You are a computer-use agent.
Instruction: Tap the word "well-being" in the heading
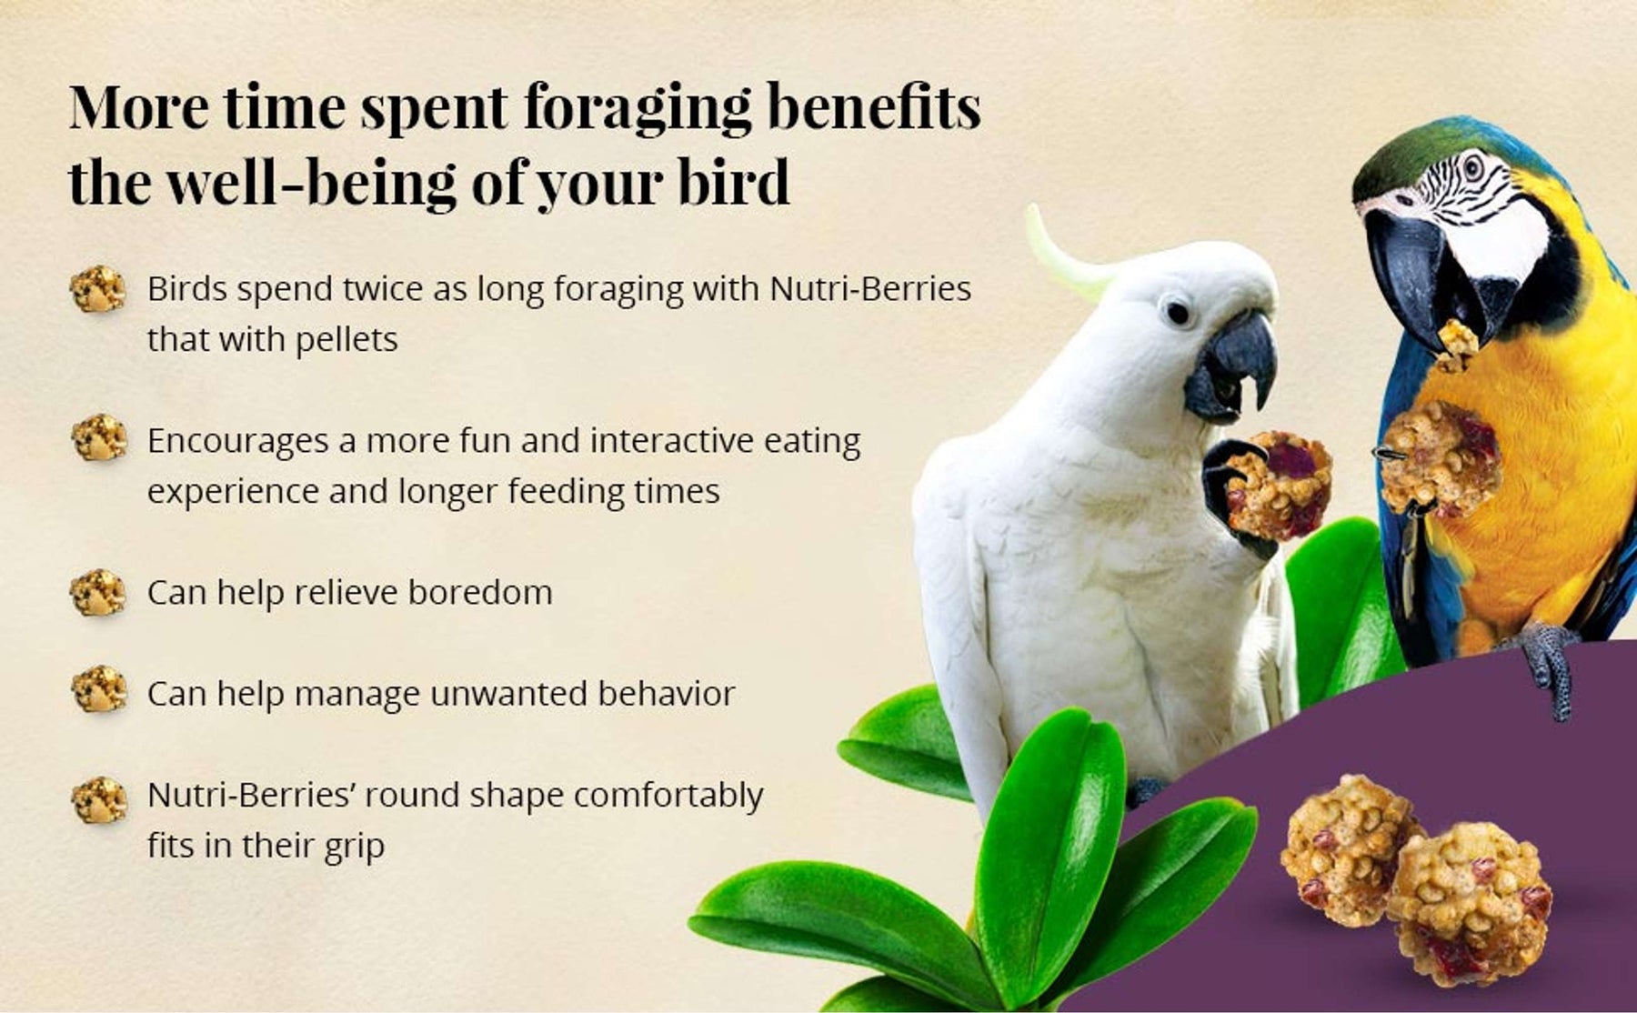312,183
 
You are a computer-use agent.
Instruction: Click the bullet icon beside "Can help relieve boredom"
97,593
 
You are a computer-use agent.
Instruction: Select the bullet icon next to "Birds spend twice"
97,290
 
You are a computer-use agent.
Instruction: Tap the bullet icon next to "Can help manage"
97,689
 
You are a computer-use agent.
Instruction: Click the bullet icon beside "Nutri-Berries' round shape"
97,800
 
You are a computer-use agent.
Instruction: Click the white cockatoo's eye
1178,313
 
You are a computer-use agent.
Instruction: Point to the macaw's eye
1472,167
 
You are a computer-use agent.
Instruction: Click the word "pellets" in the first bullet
346,340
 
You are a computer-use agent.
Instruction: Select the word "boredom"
479,593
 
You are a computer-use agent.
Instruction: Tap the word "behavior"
666,694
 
